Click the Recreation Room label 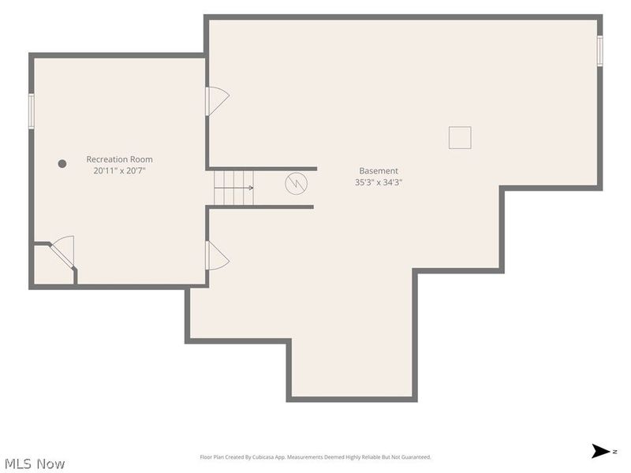pos(120,159)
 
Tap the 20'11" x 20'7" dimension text pos(120,171)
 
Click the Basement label pos(379,170)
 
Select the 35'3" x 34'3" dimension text pos(379,182)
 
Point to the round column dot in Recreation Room pos(62,164)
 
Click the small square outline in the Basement pos(460,137)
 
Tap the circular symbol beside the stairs pos(297,184)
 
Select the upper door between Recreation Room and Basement pos(218,102)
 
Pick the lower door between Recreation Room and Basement pos(218,255)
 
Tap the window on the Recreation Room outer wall pos(31,111)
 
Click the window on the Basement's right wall pos(599,50)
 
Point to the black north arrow pos(600,451)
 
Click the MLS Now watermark pos(35,464)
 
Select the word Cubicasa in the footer pos(263,457)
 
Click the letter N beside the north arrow pos(615,452)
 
